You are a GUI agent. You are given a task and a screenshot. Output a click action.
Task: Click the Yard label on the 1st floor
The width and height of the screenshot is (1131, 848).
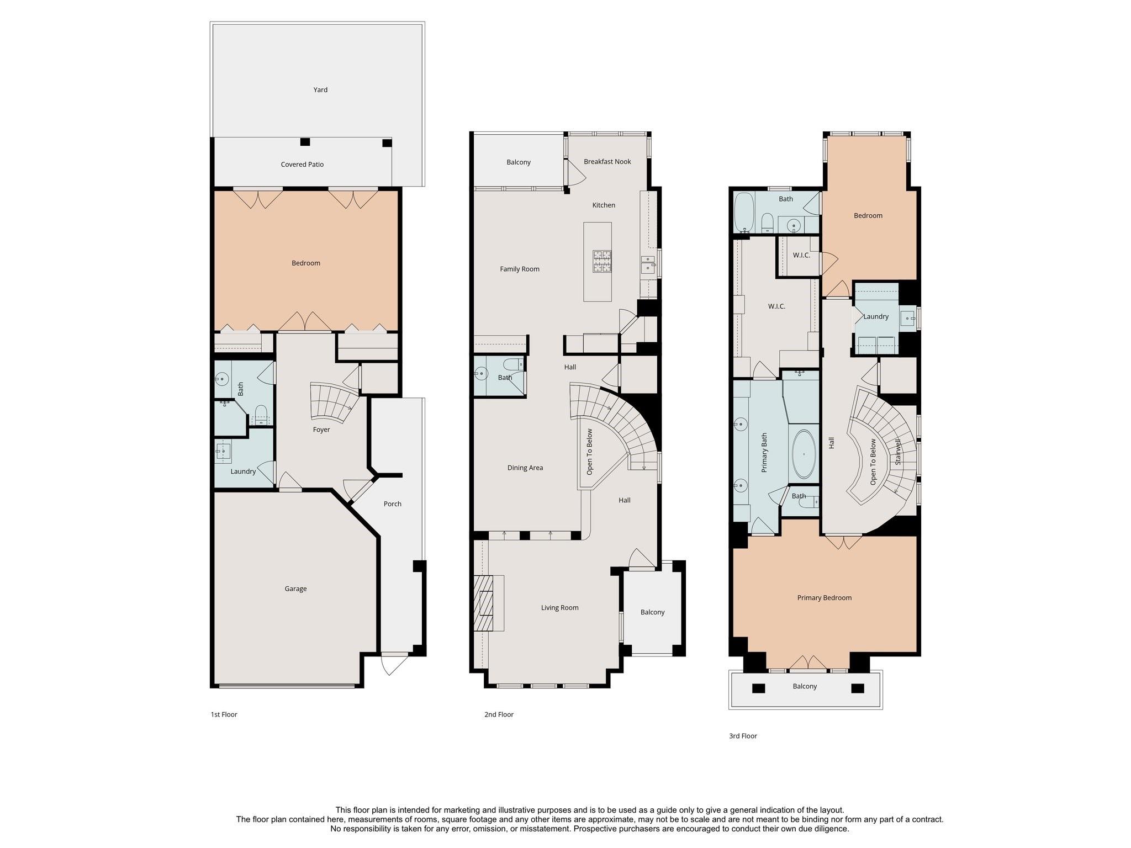click(320, 89)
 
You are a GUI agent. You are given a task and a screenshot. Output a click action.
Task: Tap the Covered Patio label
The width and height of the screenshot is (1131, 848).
click(302, 165)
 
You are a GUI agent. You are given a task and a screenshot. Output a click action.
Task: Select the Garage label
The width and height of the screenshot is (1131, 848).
click(295, 589)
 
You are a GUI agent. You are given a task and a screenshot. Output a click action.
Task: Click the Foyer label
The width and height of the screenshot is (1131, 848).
click(321, 430)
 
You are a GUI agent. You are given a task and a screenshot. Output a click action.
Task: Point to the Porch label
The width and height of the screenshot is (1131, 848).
click(393, 504)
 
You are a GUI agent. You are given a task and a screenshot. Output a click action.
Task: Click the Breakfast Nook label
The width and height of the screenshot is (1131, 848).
click(607, 162)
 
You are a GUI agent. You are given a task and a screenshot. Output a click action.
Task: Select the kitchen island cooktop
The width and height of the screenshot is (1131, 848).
click(602, 261)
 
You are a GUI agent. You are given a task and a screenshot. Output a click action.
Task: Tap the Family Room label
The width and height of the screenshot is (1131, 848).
click(520, 269)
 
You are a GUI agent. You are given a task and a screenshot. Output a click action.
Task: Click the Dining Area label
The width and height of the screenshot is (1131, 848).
click(525, 468)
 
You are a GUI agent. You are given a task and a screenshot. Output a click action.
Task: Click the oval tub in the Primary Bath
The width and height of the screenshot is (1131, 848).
click(804, 454)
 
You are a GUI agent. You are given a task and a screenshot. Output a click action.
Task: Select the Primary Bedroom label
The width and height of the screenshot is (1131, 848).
click(825, 597)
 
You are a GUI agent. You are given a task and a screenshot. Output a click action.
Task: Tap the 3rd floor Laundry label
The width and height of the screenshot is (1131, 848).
click(876, 316)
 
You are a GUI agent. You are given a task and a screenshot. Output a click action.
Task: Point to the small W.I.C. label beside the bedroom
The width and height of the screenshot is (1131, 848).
click(801, 255)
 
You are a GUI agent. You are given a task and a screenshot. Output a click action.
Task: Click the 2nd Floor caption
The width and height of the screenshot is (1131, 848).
click(499, 714)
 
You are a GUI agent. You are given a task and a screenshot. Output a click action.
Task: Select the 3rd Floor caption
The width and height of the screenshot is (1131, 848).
click(743, 736)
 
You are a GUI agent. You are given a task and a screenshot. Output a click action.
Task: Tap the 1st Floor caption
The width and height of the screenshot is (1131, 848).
click(224, 714)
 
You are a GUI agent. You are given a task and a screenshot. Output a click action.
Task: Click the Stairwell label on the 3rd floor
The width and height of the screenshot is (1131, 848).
click(898, 452)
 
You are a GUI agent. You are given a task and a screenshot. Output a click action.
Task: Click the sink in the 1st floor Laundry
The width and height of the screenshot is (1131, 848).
click(223, 452)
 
